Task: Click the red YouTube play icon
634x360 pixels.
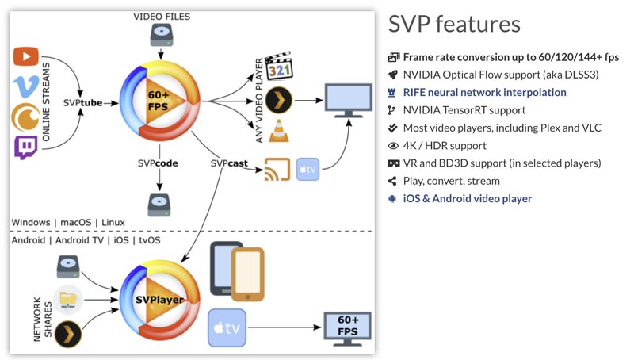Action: point(26,56)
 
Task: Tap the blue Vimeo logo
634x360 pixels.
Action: point(26,86)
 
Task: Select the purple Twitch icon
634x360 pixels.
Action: point(26,147)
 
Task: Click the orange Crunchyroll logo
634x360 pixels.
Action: point(26,117)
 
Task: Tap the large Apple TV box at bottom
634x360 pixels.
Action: point(227,328)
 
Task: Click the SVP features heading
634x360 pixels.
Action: point(454,25)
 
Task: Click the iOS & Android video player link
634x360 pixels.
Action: point(468,198)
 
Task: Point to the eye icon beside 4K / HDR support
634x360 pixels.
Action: point(393,146)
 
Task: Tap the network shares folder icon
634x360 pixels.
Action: point(70,300)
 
